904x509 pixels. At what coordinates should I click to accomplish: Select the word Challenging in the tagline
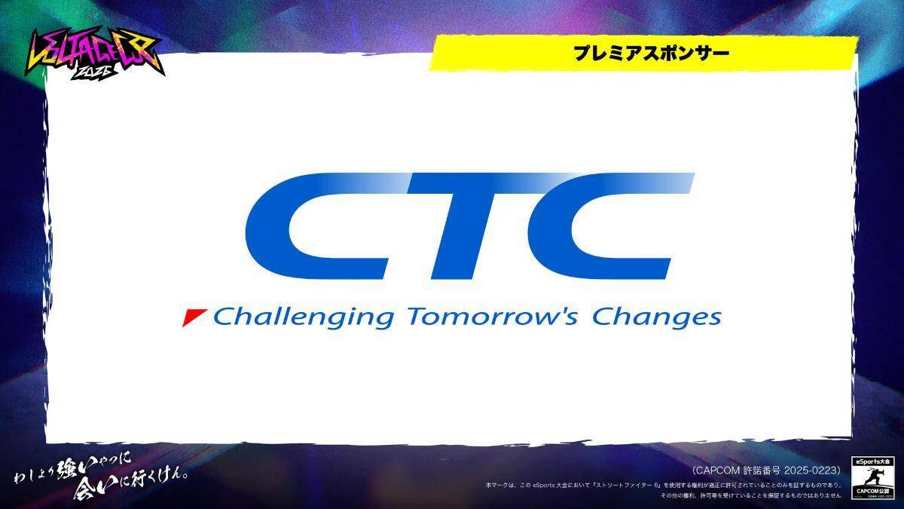click(303, 317)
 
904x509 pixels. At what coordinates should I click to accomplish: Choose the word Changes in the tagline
click(656, 317)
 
